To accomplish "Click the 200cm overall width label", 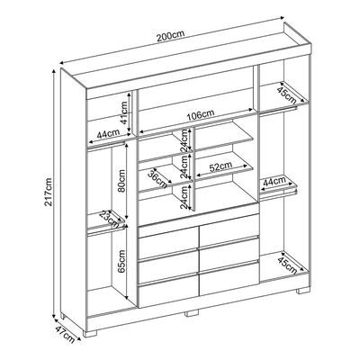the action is tap(170, 36).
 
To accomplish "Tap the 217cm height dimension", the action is tap(49, 192).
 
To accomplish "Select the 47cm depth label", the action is tap(65, 334).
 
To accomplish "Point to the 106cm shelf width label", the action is tap(201, 115).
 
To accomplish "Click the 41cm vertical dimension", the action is tap(123, 112).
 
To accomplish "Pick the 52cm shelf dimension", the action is tap(220, 166).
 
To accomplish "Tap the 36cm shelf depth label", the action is tap(157, 179).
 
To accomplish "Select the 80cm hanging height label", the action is tap(121, 182).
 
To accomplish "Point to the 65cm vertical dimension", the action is tap(121, 262).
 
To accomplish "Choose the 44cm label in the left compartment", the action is tap(108, 133).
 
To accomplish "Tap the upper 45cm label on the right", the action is tap(286, 94).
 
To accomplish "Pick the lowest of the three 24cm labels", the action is tap(184, 197).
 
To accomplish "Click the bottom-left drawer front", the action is tap(168, 291).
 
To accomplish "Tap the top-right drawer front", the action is tap(229, 226).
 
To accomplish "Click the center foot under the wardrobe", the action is tap(192, 313).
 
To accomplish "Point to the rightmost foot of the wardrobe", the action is tap(303, 290).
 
